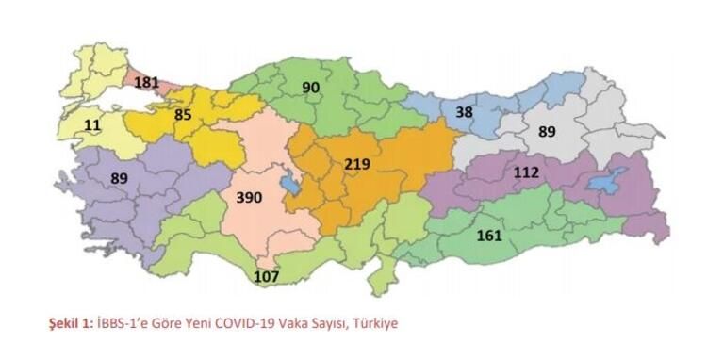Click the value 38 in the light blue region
(x=464, y=111)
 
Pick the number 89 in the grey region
(x=547, y=132)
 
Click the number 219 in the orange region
(x=356, y=164)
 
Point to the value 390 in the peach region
(x=248, y=198)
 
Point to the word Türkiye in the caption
(x=377, y=323)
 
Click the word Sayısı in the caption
(x=327, y=323)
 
